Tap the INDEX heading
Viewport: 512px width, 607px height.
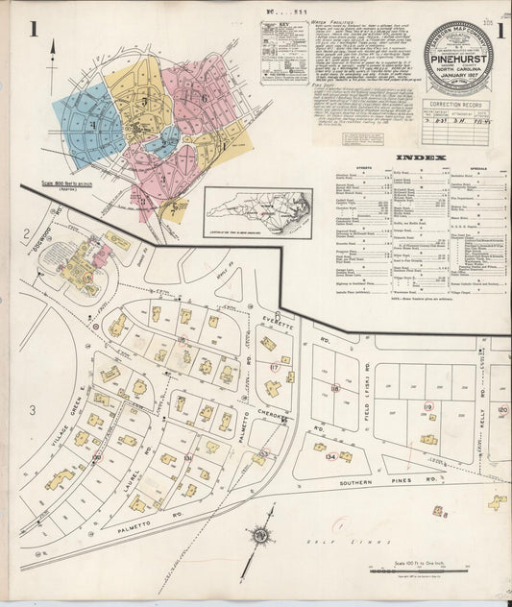[x=419, y=157]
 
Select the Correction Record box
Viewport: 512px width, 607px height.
[x=457, y=121]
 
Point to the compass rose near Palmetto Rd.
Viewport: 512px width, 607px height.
[x=259, y=535]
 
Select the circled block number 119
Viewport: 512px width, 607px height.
[x=427, y=406]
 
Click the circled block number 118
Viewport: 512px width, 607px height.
[x=335, y=388]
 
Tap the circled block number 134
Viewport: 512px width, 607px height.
[x=330, y=457]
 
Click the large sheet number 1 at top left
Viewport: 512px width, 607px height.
[x=33, y=29]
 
